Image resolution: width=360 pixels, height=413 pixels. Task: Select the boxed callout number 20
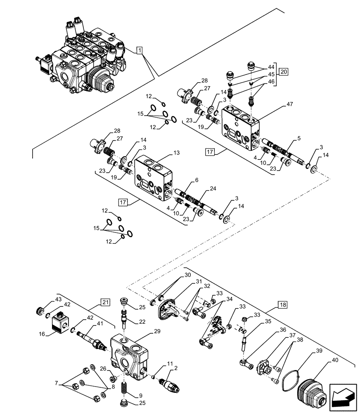point(283,71)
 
